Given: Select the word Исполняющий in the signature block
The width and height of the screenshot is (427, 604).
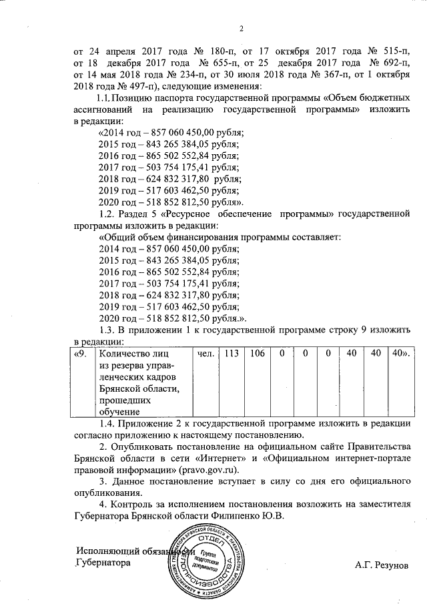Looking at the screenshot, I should (x=108, y=551).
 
